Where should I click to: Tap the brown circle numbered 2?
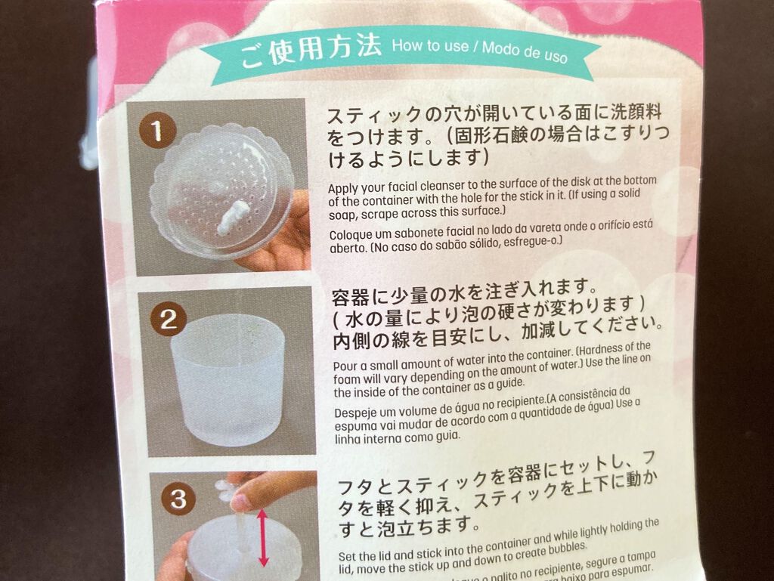(168, 320)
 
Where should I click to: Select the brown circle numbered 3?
(178, 499)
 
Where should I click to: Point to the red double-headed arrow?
(263, 537)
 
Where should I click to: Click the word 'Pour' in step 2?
(345, 366)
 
